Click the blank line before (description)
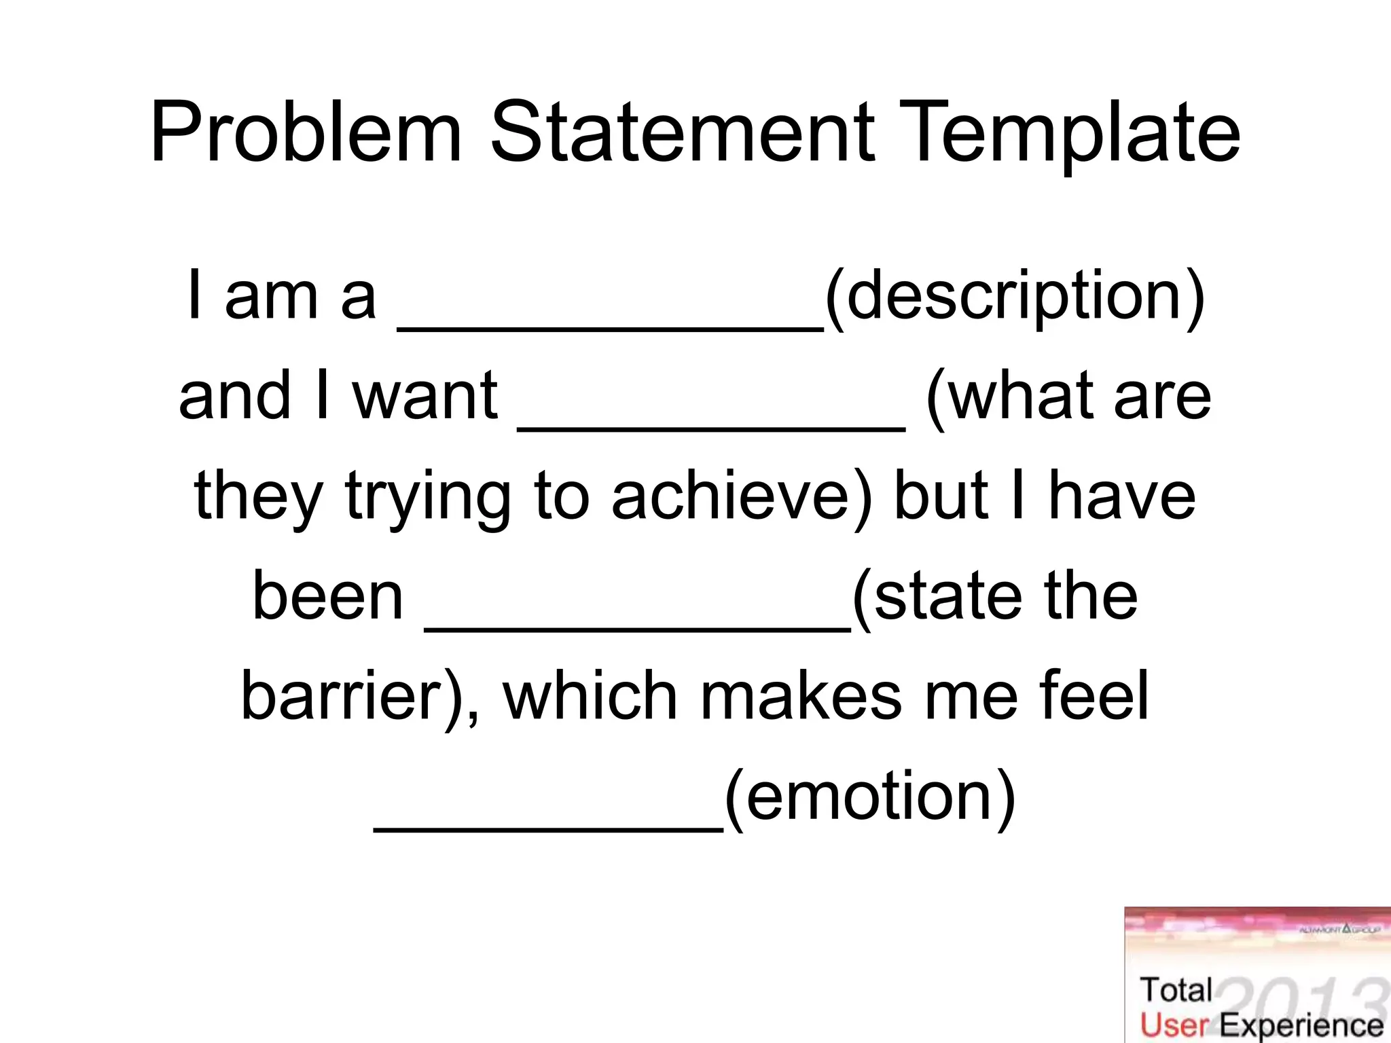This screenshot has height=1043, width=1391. [610, 328]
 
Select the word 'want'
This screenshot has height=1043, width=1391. [425, 396]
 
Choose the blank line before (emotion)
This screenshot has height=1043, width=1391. [549, 828]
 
